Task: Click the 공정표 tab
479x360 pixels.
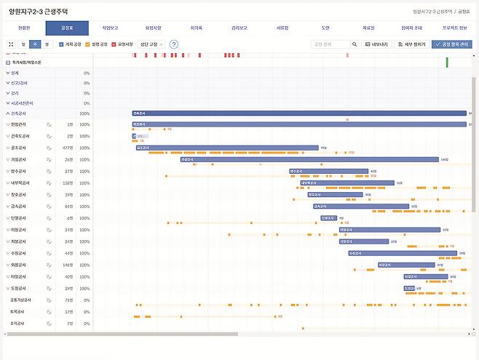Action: (67, 28)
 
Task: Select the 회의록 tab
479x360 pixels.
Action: (195, 28)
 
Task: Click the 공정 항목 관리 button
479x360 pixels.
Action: (451, 44)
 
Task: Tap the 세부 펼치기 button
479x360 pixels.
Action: (411, 44)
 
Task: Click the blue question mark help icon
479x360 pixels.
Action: (174, 44)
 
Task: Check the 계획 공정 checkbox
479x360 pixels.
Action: (62, 44)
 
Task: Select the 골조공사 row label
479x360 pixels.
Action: (20, 148)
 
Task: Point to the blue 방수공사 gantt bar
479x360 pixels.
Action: (328, 171)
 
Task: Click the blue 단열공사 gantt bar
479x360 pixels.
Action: (328, 217)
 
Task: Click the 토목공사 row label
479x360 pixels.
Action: (18, 311)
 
